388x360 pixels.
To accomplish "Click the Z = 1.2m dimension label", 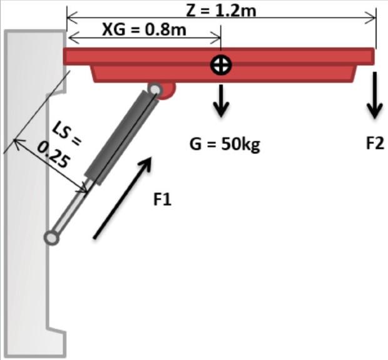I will [x=222, y=9].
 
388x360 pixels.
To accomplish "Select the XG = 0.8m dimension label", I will [x=143, y=29].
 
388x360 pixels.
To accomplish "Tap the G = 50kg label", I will [x=224, y=145].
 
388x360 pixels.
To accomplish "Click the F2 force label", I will [x=374, y=144].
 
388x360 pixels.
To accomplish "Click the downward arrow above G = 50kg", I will [x=221, y=100].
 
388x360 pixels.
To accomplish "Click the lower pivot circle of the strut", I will [x=51, y=237].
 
